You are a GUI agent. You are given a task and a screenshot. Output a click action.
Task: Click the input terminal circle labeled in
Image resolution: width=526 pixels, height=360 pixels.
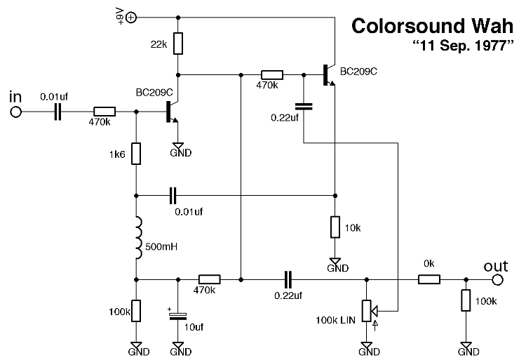[16, 112]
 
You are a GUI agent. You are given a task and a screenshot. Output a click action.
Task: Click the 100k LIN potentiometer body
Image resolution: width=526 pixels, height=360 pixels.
[366, 309]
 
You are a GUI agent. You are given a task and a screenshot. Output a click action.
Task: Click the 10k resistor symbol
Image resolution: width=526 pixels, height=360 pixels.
[335, 228]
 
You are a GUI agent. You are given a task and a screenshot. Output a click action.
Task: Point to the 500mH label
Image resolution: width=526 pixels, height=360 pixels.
[161, 247]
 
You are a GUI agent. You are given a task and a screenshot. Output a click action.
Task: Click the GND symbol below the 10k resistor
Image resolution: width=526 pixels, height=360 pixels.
[337, 263]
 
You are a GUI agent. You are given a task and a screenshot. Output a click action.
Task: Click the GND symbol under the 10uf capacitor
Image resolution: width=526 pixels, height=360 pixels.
[180, 347]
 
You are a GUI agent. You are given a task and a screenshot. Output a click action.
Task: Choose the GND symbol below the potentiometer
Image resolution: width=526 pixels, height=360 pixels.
[366, 347]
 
